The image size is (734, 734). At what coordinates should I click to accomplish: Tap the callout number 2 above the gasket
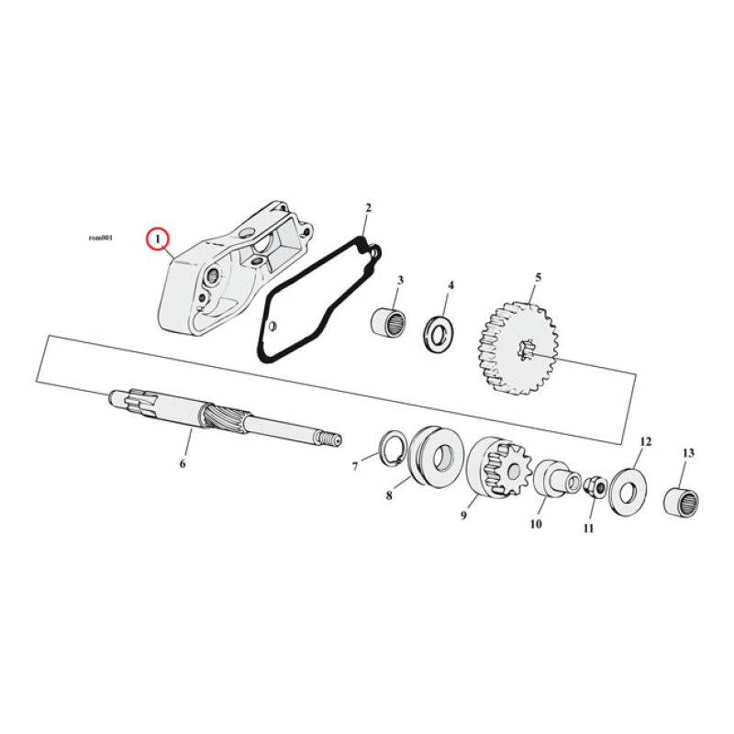pos(368,209)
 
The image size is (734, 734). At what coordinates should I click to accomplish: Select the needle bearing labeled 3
pos(389,323)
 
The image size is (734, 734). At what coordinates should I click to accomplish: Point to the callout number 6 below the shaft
pos(183,464)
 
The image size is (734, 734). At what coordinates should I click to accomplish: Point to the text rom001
pos(100,238)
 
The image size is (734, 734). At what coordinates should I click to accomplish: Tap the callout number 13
pos(689,453)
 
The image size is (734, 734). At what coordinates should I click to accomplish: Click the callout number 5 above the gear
pos(539,276)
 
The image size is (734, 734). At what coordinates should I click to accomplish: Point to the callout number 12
pos(645,441)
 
